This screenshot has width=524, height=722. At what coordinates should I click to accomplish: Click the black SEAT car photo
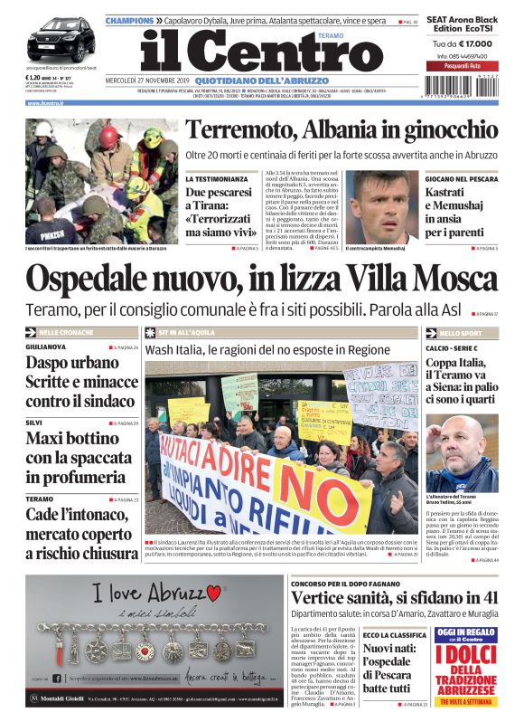[60, 42]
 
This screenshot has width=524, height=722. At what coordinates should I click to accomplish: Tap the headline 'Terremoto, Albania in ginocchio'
[341, 130]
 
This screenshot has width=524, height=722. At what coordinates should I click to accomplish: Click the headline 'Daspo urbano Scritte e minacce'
[80, 381]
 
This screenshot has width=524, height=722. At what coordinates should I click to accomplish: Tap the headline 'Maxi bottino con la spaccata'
[80, 459]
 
